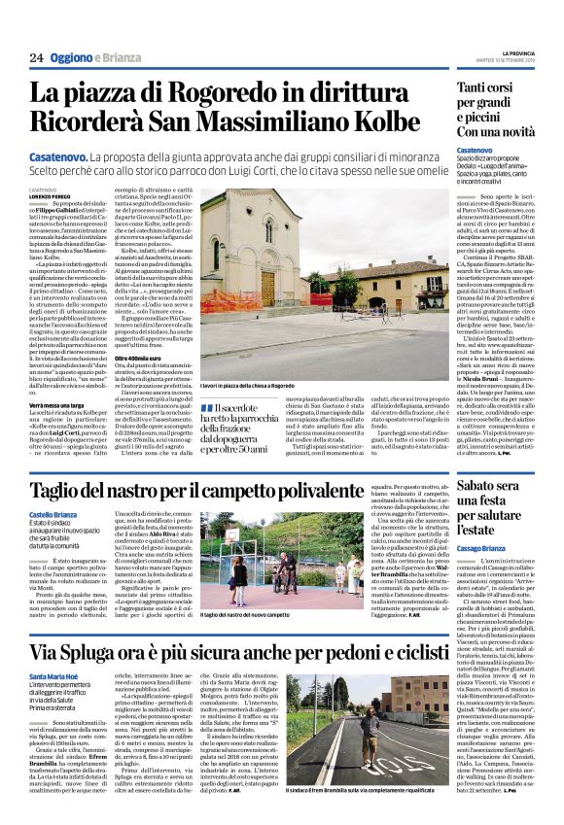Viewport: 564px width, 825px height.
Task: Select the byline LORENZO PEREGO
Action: point(49,197)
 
